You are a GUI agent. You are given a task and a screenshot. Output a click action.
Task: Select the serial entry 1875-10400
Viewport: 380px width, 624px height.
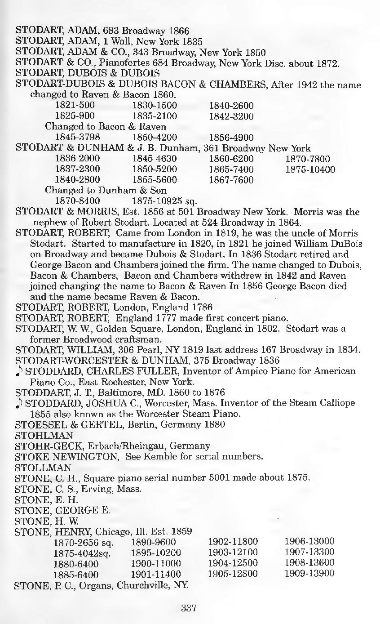click(x=310, y=169)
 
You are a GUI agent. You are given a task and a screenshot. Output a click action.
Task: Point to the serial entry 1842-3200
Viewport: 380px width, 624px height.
click(x=231, y=116)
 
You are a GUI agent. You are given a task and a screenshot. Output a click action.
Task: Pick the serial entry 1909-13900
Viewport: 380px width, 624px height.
click(x=309, y=574)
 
